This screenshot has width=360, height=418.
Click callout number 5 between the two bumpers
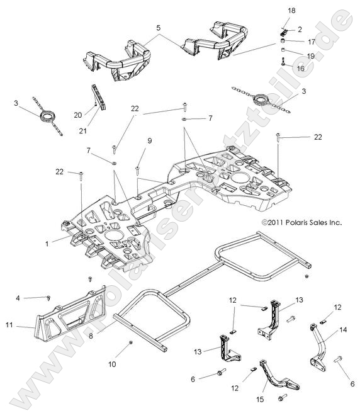point(158,28)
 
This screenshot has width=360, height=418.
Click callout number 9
point(150,141)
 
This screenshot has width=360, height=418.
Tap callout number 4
point(18,298)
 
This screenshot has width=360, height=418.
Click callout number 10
point(129,364)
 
